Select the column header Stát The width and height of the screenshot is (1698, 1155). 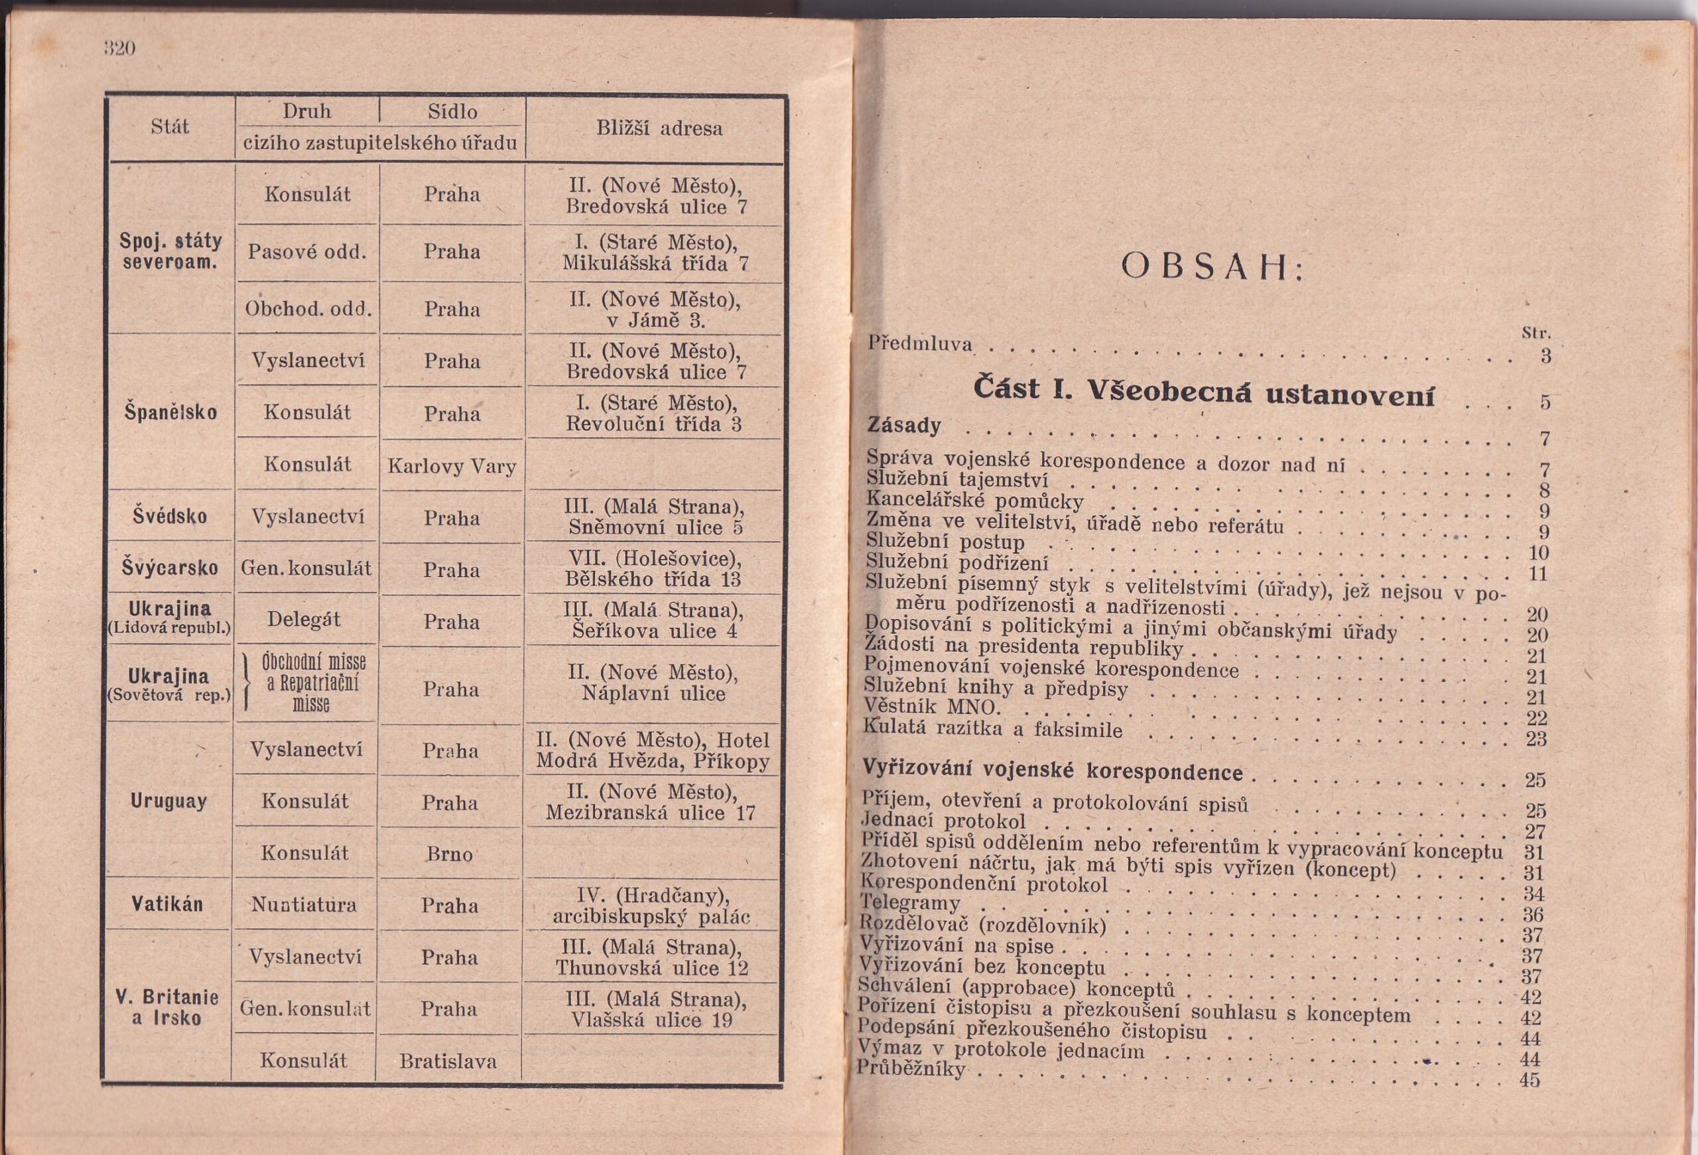[x=170, y=127]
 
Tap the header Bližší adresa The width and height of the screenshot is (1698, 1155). [x=659, y=129]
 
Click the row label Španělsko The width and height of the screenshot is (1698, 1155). [x=171, y=412]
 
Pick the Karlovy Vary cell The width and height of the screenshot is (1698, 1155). [x=452, y=466]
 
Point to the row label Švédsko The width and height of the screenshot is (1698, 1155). [x=170, y=517]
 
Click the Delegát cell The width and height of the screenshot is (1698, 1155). [x=304, y=619]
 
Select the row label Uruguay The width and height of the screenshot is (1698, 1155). [x=168, y=801]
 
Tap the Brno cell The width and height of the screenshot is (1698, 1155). [x=449, y=854]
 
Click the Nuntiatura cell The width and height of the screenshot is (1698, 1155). [x=304, y=905]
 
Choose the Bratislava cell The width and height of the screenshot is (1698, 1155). [x=448, y=1061]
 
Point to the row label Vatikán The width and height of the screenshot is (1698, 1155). [x=168, y=904]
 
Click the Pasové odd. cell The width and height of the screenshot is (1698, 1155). [x=306, y=252]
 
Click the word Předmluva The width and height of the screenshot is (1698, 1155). [x=920, y=343]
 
